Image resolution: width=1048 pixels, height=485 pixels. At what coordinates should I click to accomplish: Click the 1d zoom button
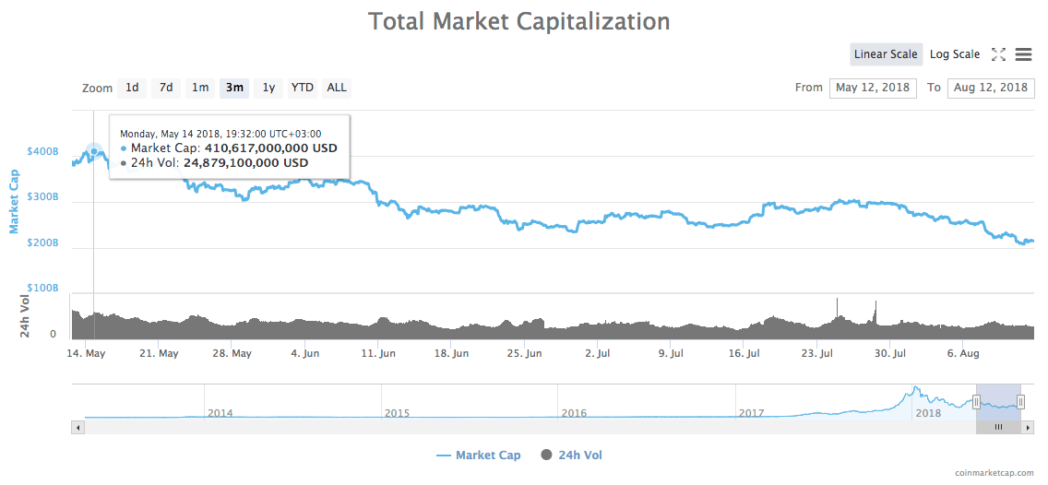click(x=132, y=88)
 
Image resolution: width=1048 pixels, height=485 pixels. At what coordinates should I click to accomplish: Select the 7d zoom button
click(x=166, y=88)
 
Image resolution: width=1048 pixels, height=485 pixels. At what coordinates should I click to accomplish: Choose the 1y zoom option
click(x=268, y=88)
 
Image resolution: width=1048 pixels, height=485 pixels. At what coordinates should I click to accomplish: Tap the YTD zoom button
click(x=303, y=88)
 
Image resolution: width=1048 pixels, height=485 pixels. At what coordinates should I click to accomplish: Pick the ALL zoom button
click(x=337, y=88)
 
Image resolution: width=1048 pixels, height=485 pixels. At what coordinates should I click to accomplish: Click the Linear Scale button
click(x=886, y=54)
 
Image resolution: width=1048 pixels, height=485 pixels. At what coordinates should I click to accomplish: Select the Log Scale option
click(x=955, y=54)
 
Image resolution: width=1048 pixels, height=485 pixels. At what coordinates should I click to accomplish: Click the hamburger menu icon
click(x=1023, y=54)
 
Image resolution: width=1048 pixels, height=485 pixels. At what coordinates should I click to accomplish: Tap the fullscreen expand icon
click(x=998, y=54)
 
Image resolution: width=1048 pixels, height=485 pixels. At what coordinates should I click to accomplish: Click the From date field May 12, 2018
click(x=873, y=88)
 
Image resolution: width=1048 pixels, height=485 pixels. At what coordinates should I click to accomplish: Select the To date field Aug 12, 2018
click(x=991, y=88)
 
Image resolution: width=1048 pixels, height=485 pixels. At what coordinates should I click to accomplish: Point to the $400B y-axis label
click(x=42, y=150)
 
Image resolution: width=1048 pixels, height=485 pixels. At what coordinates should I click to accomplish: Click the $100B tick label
click(x=42, y=289)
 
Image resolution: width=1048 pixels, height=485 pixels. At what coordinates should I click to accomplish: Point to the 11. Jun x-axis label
click(x=378, y=353)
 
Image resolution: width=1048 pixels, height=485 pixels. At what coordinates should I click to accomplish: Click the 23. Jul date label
click(x=816, y=353)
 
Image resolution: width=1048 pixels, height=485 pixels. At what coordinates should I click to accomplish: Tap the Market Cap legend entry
click(x=479, y=455)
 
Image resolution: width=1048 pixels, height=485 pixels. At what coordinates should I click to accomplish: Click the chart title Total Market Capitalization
click(x=519, y=20)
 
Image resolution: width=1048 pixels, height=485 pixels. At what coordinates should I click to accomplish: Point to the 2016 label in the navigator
click(x=574, y=413)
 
